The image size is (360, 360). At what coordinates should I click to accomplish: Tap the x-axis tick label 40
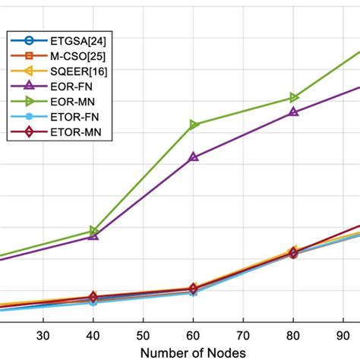(x=93, y=335)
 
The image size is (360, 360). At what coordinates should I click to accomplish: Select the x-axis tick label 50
(x=143, y=335)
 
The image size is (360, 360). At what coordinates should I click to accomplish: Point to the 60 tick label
(x=193, y=335)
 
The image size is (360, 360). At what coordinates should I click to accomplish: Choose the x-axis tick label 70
(x=243, y=335)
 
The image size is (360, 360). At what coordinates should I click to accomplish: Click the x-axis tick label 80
(x=293, y=335)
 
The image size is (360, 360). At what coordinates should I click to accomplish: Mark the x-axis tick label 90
(x=343, y=335)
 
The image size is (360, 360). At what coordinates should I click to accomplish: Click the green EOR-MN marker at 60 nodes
(x=194, y=125)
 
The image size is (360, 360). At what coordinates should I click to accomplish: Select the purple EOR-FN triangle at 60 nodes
(x=194, y=157)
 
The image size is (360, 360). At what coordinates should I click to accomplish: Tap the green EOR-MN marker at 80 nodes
(x=294, y=97)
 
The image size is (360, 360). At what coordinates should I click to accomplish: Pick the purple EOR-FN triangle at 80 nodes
(x=294, y=112)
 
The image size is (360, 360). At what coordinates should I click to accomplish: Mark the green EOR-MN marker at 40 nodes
(x=93, y=230)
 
